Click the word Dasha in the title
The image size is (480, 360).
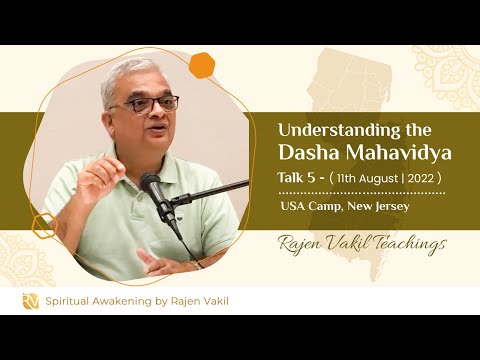(312, 153)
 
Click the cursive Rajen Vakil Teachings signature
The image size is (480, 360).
(362, 243)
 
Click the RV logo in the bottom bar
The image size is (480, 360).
(31, 301)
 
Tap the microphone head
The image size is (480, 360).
(153, 187)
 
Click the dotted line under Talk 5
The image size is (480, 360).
(360, 192)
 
